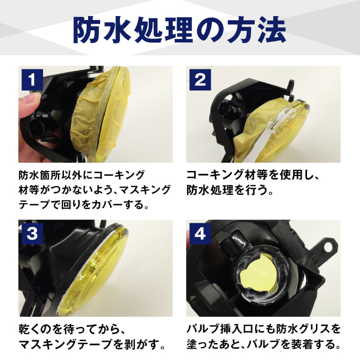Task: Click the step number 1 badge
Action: pyautogui.click(x=32, y=80)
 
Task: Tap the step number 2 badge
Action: pyautogui.click(x=200, y=80)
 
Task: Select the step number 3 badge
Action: pyautogui.click(x=32, y=234)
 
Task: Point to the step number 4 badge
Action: pyautogui.click(x=200, y=234)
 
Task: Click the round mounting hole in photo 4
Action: pyautogui.click(x=328, y=247)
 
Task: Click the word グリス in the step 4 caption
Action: pyautogui.click(x=309, y=330)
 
